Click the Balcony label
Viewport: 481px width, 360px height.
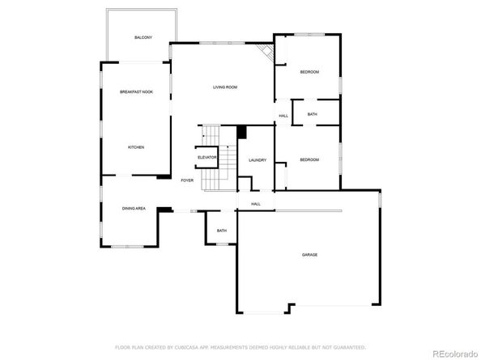[144, 38]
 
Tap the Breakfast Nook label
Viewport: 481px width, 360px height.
[136, 92]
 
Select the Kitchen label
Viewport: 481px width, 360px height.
[135, 147]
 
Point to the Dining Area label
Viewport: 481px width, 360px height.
[134, 209]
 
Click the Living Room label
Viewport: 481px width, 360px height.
[224, 87]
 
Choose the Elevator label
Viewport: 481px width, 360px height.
[207, 157]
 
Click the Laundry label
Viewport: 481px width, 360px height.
[258, 160]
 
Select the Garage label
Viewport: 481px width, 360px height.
[309, 255]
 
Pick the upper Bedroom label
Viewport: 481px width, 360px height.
[309, 73]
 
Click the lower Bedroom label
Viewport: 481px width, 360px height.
[309, 160]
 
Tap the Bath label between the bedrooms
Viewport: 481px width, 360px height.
[312, 115]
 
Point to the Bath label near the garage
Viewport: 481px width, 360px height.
[221, 231]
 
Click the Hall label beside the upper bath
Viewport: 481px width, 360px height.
[283, 116]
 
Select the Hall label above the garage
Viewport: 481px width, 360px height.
[256, 204]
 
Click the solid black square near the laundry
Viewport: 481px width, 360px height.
[241, 132]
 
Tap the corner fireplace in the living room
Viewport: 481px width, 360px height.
[264, 53]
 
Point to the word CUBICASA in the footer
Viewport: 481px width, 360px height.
[193, 345]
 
